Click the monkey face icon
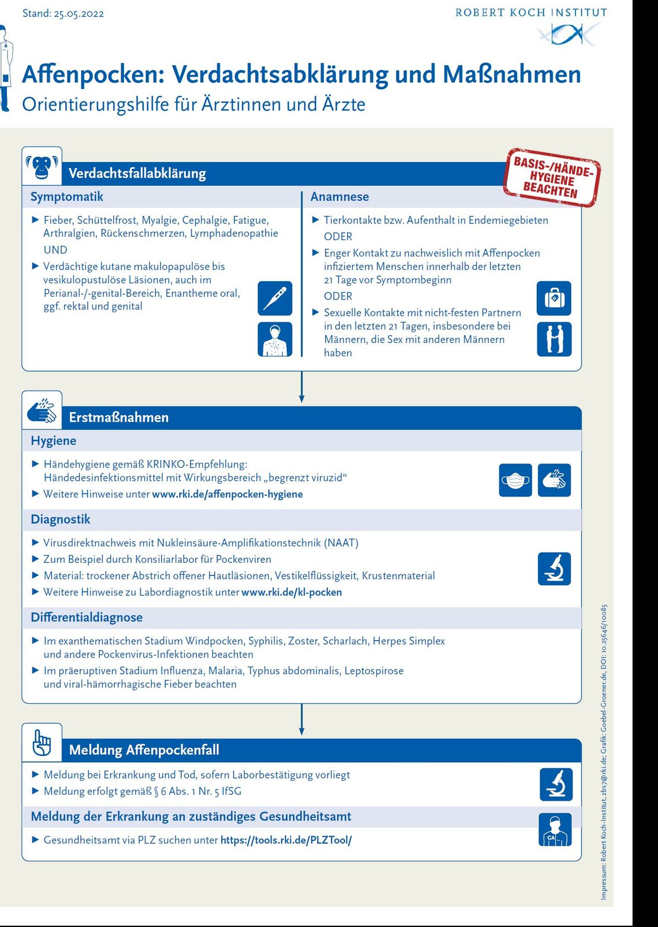(x=42, y=166)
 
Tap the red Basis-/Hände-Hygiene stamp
(x=552, y=178)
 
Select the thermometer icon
(x=275, y=298)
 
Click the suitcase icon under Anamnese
(x=554, y=298)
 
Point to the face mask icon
(x=515, y=480)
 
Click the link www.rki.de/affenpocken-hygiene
(x=227, y=494)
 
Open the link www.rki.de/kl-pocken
(x=291, y=592)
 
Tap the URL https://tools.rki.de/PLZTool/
(x=286, y=840)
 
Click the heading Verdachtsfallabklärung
(x=137, y=173)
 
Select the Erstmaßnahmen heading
(x=119, y=417)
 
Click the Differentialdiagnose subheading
(x=87, y=618)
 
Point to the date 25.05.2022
(x=79, y=14)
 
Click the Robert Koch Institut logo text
(x=531, y=13)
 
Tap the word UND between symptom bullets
(x=55, y=250)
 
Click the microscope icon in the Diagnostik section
(x=554, y=569)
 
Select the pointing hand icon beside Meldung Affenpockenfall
(x=42, y=742)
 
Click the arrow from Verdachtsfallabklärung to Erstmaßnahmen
(x=301, y=387)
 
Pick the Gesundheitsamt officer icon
(x=555, y=830)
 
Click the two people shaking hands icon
(x=554, y=339)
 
